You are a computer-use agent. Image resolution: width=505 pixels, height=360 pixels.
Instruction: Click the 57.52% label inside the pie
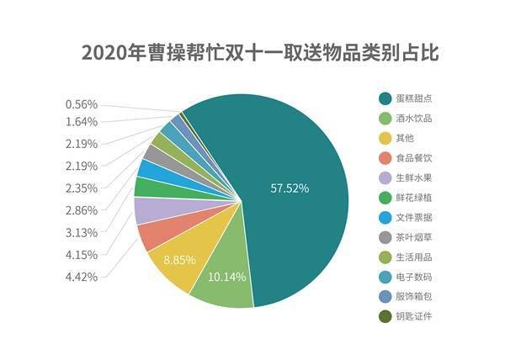click(x=289, y=188)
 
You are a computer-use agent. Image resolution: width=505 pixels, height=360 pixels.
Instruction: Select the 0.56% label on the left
click(x=81, y=104)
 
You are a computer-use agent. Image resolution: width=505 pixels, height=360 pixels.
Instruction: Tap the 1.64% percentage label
click(x=81, y=121)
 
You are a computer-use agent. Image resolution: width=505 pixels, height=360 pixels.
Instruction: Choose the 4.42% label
click(x=81, y=277)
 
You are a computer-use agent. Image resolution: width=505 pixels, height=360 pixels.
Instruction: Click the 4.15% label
click(x=81, y=254)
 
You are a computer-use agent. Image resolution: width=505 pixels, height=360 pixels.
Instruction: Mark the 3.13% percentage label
click(x=81, y=232)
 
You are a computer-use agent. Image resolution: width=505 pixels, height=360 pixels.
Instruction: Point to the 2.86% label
click(x=81, y=210)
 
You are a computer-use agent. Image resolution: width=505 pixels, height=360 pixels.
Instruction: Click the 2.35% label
click(x=81, y=188)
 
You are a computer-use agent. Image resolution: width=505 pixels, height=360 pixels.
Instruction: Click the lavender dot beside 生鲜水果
click(x=385, y=177)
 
